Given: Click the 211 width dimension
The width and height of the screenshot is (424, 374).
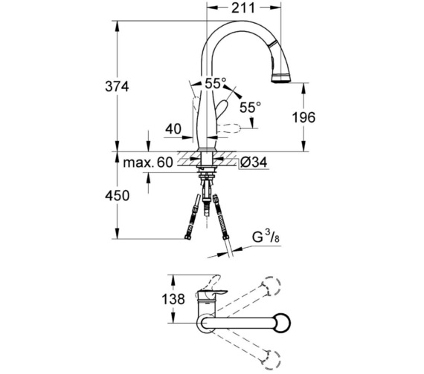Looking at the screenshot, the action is tap(243, 8).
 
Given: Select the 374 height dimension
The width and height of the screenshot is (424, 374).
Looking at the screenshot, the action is tap(117, 86).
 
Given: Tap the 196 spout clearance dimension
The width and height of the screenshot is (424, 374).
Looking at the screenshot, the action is tap(303, 117).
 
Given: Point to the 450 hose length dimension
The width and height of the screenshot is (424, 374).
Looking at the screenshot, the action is tap(117, 195).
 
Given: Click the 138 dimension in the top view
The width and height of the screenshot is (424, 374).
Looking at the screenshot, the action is tap(173, 299).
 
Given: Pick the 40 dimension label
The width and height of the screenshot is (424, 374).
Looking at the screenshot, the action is tap(173, 129).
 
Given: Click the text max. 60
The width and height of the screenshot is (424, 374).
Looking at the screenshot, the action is tap(147, 163).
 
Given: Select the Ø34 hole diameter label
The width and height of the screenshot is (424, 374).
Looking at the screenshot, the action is tap(254, 163).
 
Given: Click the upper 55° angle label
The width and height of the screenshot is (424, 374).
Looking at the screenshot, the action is tap(215, 83).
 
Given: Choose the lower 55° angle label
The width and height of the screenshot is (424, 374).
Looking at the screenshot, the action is tap(251, 107).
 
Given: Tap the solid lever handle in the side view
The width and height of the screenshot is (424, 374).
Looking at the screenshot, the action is tap(221, 108).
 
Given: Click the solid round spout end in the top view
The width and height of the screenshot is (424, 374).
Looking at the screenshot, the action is tap(282, 323).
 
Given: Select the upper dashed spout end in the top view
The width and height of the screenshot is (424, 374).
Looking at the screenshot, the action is tap(272, 286).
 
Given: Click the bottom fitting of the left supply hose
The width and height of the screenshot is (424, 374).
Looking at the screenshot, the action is tap(187, 237).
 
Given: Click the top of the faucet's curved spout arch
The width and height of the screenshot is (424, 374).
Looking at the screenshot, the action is tap(239, 22).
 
